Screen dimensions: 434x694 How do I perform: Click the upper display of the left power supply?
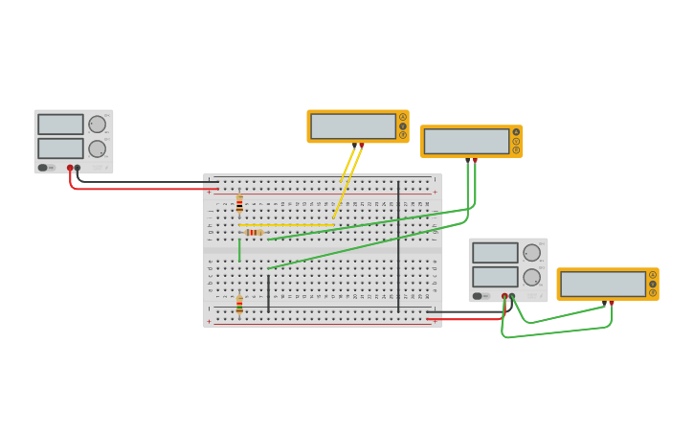tap(60, 125)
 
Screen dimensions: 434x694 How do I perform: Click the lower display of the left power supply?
tap(60, 148)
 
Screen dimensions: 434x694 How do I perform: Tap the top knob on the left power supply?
tap(98, 125)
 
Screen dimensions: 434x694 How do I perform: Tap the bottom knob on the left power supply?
tap(98, 148)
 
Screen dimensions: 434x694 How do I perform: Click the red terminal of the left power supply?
tap(70, 168)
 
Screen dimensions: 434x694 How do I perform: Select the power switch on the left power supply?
tap(43, 168)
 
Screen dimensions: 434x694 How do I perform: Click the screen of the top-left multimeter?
tap(353, 126)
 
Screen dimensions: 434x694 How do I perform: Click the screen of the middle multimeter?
tap(466, 142)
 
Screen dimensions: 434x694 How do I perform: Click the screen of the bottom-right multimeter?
tap(603, 285)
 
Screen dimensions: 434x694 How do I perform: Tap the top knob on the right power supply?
tap(532, 253)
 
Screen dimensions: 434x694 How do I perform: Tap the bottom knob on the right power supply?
tap(532, 277)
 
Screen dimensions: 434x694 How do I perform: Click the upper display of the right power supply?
tap(495, 253)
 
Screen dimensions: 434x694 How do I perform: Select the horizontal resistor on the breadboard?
tap(254, 232)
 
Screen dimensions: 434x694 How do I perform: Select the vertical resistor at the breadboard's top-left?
tap(239, 203)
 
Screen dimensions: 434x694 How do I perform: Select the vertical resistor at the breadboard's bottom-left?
tap(239, 305)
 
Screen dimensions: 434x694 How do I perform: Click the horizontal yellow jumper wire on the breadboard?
tap(287, 225)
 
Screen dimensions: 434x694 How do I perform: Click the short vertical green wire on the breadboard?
tap(239, 250)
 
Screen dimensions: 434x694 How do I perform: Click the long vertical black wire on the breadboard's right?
tap(398, 247)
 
